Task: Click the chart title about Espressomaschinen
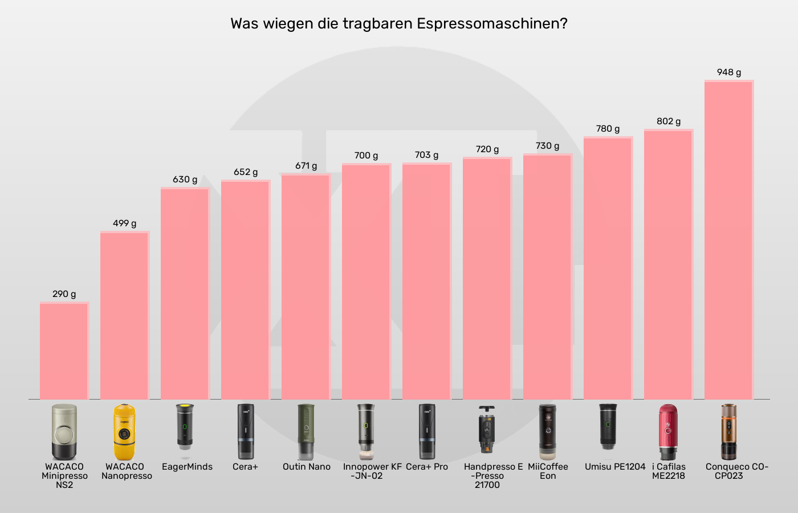click(x=399, y=23)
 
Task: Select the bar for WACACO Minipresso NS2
click(x=64, y=351)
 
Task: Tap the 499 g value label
click(x=124, y=223)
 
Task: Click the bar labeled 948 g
click(x=729, y=239)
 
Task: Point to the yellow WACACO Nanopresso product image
click(x=124, y=432)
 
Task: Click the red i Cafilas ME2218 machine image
click(x=668, y=432)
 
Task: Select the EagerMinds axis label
click(x=187, y=467)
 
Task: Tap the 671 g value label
click(x=306, y=166)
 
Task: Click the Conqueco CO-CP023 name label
click(x=736, y=471)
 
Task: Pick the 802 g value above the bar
click(x=669, y=121)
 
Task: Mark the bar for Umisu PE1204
click(x=608, y=268)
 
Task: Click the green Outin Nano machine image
click(x=306, y=432)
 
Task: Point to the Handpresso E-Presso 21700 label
click(x=492, y=475)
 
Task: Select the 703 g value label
click(x=426, y=155)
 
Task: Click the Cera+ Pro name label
click(x=427, y=467)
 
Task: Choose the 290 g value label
click(x=64, y=294)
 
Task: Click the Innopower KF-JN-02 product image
click(x=366, y=432)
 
